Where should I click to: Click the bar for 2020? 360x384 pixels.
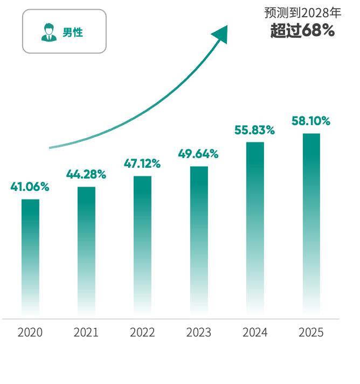coord(30,256)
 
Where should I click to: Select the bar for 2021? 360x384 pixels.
coord(86,250)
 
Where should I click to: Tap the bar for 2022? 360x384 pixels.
coord(142,244)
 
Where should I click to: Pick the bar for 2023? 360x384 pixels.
coord(199,239)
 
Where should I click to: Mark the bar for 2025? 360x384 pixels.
coord(311,223)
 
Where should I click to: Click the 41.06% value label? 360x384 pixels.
coord(30,187)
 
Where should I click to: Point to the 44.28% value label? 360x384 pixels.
coord(86,174)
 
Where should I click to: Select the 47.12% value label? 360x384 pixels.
coord(142,163)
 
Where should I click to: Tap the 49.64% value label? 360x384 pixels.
coord(198,154)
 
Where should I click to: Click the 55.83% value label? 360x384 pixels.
coord(255,130)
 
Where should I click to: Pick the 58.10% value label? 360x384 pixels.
coord(311,121)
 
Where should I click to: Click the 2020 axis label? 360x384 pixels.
coord(30,332)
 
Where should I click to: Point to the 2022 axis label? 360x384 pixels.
coord(142,332)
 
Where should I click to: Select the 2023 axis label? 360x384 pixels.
coord(199,332)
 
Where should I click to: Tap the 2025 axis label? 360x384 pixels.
coord(311,332)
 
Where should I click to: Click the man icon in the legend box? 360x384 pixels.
coord(49,32)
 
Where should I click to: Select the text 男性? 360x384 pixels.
coord(73,32)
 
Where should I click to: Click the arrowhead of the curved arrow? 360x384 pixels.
coord(221,33)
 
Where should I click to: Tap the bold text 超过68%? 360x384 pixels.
coord(302,31)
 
